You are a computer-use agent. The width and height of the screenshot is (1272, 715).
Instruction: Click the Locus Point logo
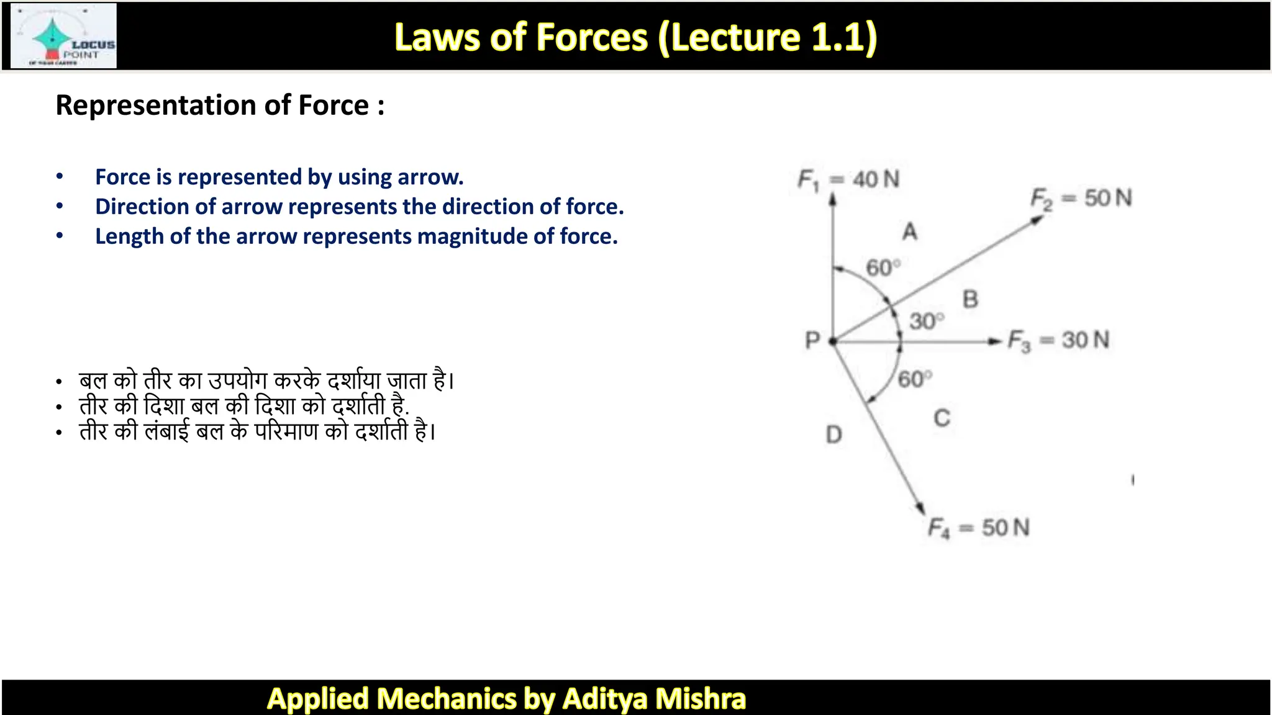[64, 36]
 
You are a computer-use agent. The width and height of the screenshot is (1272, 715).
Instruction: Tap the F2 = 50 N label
[1081, 199]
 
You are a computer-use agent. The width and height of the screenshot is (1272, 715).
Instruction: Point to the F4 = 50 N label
[979, 528]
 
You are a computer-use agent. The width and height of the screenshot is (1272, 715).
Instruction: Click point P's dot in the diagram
[833, 341]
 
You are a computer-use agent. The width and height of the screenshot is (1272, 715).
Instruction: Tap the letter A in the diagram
[910, 232]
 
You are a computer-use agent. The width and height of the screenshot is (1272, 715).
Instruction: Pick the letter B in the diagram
[970, 300]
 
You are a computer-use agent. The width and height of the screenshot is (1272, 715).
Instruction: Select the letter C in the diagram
[942, 418]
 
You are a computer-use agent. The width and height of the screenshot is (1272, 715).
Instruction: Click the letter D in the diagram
[834, 434]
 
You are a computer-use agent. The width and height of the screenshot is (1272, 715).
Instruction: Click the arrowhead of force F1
[833, 199]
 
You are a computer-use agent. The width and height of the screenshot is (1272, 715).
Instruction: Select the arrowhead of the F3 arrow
[996, 341]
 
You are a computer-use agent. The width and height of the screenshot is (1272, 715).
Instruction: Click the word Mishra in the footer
[700, 698]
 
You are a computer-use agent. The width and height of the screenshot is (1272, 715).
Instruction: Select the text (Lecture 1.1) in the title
[767, 37]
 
